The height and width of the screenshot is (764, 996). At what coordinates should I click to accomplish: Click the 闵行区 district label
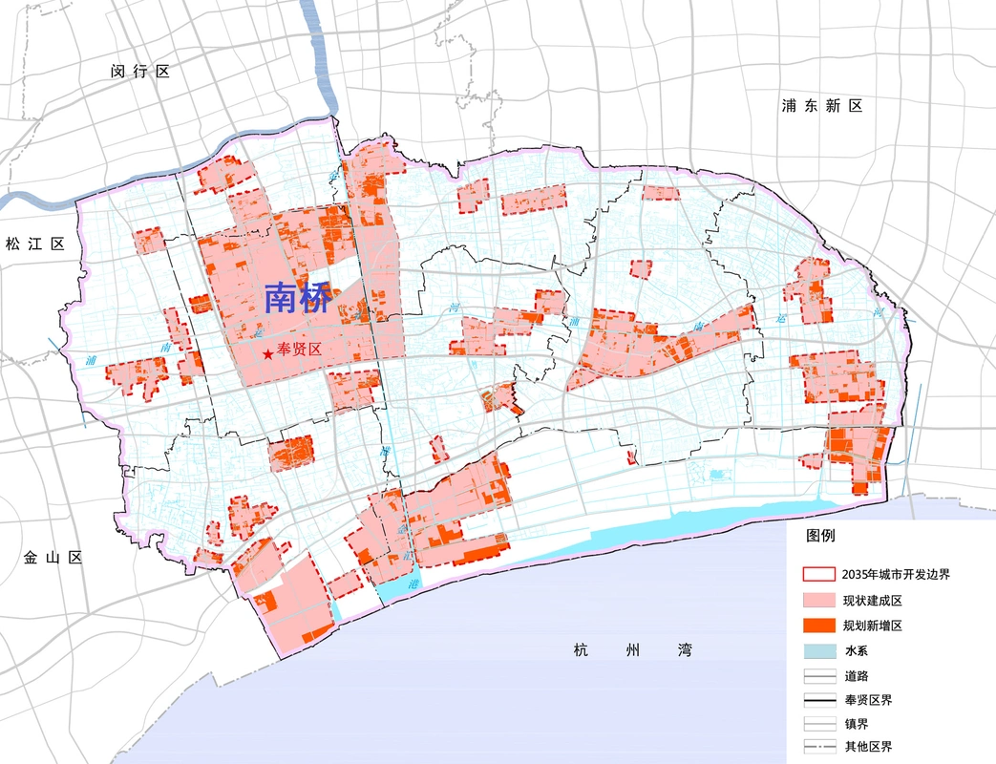click(x=139, y=72)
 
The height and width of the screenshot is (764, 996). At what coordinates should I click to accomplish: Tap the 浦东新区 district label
click(x=821, y=106)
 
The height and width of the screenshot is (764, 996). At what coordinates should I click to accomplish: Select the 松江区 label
click(x=33, y=244)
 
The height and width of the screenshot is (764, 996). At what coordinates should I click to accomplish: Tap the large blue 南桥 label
click(x=297, y=299)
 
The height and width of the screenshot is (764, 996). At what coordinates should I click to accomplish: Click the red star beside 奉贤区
click(x=267, y=354)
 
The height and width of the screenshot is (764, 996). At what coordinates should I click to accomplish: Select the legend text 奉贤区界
click(x=867, y=700)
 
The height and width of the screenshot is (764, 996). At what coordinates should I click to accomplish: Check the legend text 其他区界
click(x=867, y=748)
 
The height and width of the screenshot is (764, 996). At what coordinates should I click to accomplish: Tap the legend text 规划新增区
click(x=872, y=626)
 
